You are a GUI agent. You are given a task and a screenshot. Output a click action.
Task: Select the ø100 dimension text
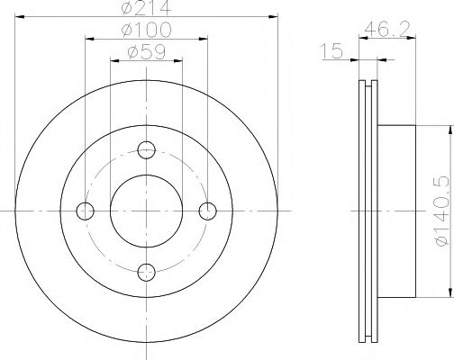pos(147,33)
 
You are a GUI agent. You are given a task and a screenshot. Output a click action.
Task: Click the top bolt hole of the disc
pos(147,149)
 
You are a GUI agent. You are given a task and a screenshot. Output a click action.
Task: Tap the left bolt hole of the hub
pos(86,211)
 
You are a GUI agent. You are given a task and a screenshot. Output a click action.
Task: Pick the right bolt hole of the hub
pos(208,211)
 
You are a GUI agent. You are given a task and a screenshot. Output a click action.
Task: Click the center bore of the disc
pos(147,211)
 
